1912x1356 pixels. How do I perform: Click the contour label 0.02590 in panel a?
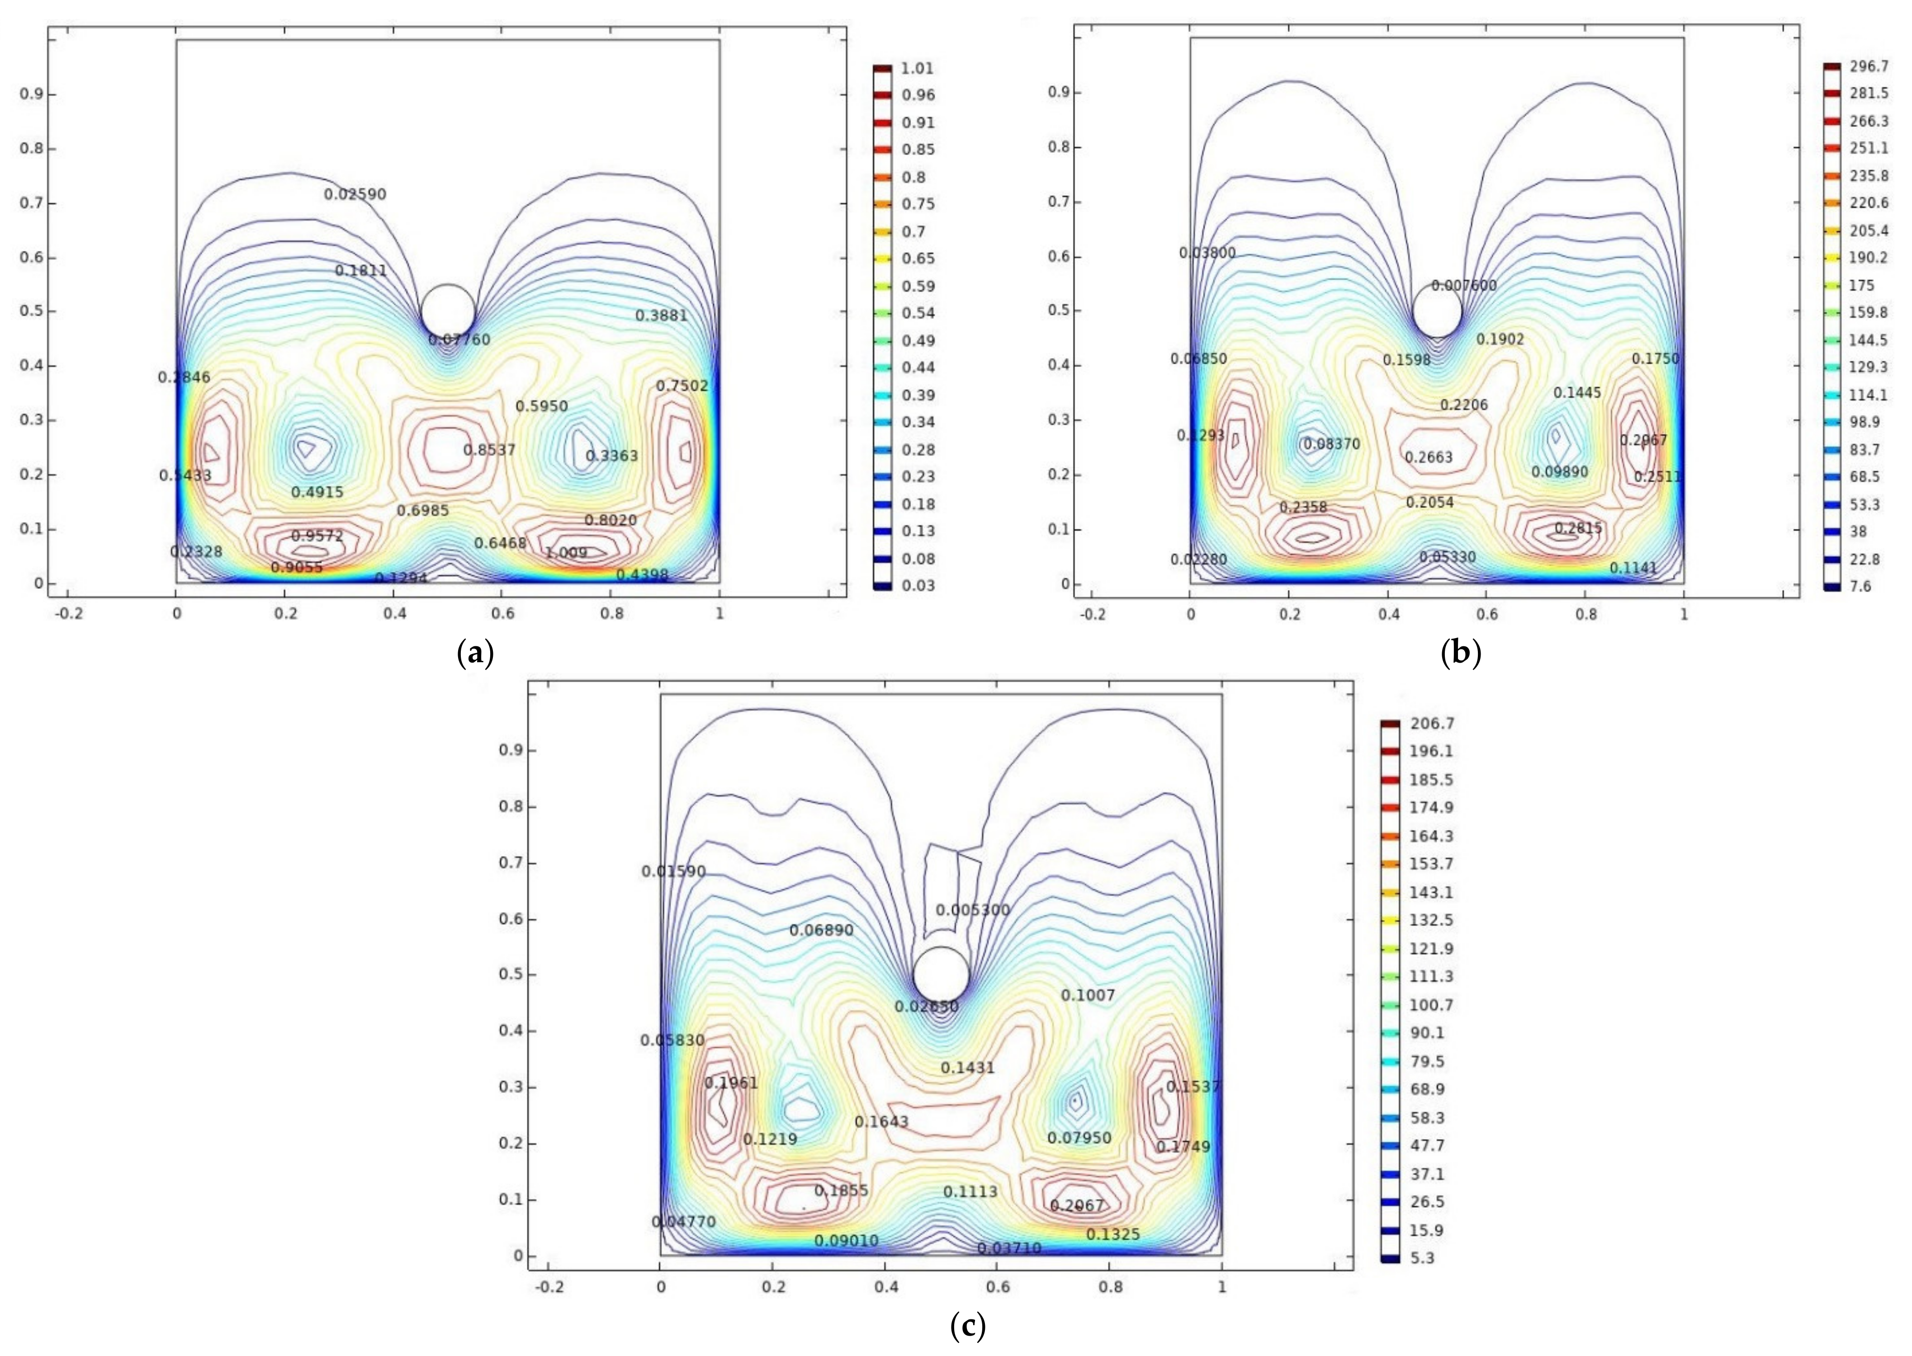[355, 194]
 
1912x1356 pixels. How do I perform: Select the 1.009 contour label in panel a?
[566, 553]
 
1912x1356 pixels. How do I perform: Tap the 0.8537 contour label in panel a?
[489, 450]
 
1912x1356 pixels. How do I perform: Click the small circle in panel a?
[448, 311]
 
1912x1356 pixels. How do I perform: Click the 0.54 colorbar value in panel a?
[918, 313]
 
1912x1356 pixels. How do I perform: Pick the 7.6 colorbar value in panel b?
[1860, 586]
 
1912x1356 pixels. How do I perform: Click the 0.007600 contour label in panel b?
[1463, 286]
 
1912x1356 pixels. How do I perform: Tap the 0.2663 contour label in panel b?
[1429, 457]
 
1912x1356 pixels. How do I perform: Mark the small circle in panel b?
[1437, 311]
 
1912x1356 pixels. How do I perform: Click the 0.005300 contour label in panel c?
[972, 910]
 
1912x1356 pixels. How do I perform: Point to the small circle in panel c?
[941, 975]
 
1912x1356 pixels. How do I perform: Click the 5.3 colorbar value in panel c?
[1423, 1257]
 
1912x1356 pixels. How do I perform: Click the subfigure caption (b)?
[1461, 652]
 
